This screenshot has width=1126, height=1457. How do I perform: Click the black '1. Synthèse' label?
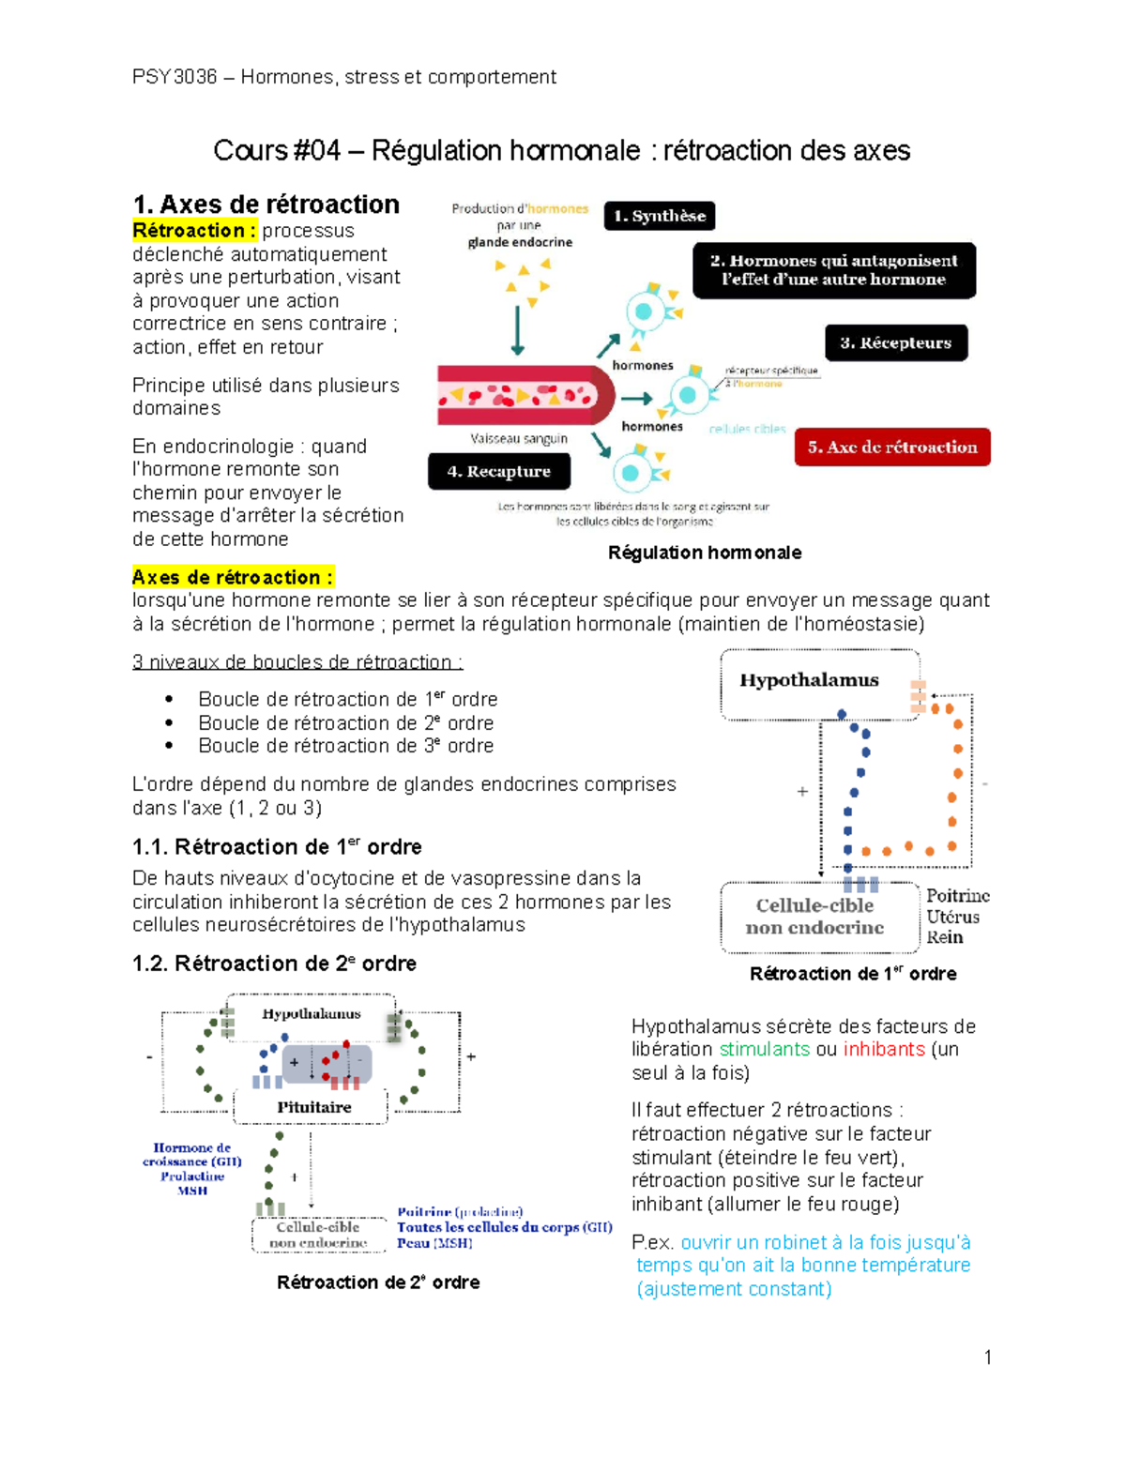click(x=659, y=216)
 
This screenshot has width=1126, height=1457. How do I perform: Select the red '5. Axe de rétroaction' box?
click(x=891, y=448)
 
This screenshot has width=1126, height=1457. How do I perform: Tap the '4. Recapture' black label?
click(x=498, y=471)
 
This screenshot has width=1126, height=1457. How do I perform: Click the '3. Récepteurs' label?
click(x=895, y=342)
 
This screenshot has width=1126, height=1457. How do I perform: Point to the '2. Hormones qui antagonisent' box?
click(x=833, y=270)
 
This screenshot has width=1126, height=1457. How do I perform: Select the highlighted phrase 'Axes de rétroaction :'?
click(x=233, y=577)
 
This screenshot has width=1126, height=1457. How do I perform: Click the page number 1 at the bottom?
click(x=987, y=1357)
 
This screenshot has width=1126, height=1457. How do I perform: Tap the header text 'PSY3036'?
click(x=175, y=77)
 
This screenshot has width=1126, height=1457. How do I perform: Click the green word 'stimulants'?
click(x=764, y=1049)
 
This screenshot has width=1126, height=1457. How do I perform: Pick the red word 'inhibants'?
click(x=883, y=1049)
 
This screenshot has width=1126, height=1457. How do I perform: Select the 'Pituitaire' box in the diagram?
click(x=313, y=1107)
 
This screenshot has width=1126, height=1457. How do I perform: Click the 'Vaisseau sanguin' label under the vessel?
click(x=519, y=438)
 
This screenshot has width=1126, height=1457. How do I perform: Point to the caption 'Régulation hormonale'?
click(x=704, y=553)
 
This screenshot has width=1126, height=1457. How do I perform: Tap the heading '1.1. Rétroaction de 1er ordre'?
click(x=277, y=846)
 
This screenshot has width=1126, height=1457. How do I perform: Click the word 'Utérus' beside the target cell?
click(x=952, y=917)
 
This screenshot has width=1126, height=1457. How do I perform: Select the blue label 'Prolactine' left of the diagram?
click(x=192, y=1176)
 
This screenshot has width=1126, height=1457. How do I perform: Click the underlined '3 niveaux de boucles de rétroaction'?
click(x=297, y=661)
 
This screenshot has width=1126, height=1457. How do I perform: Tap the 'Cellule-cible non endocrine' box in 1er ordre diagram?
click(x=814, y=917)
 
